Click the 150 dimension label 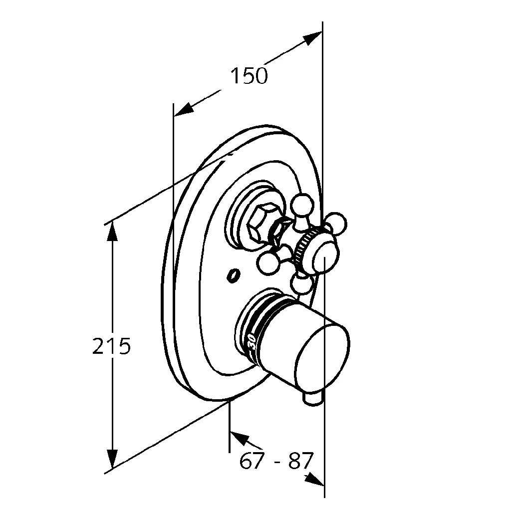pyautogui.click(x=249, y=76)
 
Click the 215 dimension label pyautogui.click(x=111, y=346)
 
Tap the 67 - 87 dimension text pyautogui.click(x=276, y=461)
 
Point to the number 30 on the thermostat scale pyautogui.click(x=252, y=342)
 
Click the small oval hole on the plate pyautogui.click(x=232, y=274)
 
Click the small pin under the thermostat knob pyautogui.click(x=313, y=398)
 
